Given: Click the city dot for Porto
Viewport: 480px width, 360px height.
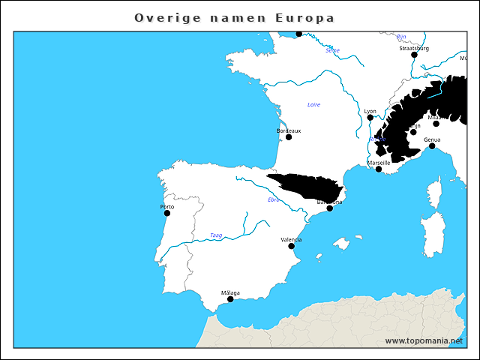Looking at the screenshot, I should [x=167, y=213].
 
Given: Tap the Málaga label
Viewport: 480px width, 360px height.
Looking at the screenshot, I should [x=230, y=292].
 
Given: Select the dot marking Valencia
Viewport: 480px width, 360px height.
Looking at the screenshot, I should [x=291, y=246].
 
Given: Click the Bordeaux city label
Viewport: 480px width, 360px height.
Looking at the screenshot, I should [x=289, y=130].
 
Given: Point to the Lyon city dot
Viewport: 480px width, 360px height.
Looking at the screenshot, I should [x=370, y=118].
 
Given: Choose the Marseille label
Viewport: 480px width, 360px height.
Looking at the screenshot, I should [x=379, y=162].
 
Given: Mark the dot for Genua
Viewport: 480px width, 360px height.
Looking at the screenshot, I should [x=432, y=146].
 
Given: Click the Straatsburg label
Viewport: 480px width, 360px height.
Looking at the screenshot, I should [x=414, y=48].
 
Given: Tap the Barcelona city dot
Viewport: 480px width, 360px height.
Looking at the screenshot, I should [x=329, y=208].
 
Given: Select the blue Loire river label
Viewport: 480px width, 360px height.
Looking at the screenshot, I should [x=313, y=104].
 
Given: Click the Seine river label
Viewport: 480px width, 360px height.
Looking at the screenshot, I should [x=332, y=50].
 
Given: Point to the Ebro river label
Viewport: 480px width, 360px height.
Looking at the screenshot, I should [x=274, y=199].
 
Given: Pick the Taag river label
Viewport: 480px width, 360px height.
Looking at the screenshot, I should [x=216, y=235].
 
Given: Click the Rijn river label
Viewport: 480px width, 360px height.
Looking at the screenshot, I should [x=400, y=36].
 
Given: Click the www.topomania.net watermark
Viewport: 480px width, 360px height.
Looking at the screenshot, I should [x=424, y=340].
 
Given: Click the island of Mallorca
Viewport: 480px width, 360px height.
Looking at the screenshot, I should [x=342, y=243].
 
